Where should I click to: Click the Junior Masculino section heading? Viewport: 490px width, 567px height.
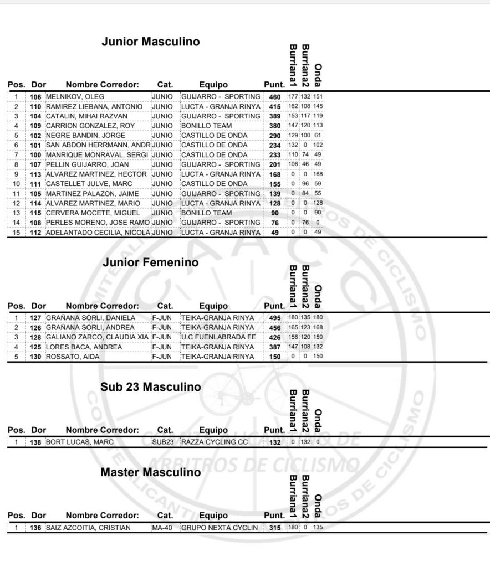pyautogui.click(x=151, y=42)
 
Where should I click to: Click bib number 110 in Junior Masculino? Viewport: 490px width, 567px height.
pyautogui.click(x=36, y=106)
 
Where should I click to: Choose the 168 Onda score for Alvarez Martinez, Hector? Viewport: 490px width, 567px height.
pyautogui.click(x=318, y=174)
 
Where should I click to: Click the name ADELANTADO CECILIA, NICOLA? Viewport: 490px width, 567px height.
pyautogui.click(x=98, y=233)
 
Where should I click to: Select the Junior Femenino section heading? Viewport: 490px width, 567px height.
pyautogui.click(x=150, y=263)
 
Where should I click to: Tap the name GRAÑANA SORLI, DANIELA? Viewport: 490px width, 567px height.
pyautogui.click(x=90, y=318)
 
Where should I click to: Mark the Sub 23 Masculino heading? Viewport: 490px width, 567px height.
pyautogui.click(x=151, y=387)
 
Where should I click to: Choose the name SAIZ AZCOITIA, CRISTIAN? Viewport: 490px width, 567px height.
pyautogui.click(x=88, y=528)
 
